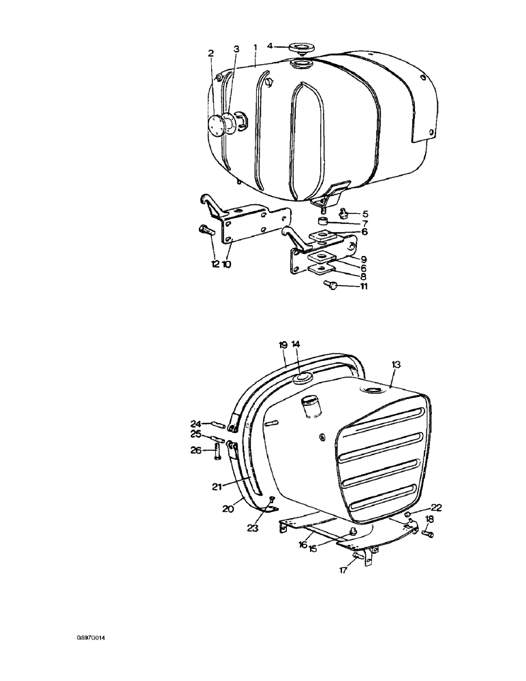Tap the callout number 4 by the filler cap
point(270,46)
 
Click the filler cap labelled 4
point(298,48)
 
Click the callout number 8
point(364,276)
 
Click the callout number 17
point(343,570)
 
